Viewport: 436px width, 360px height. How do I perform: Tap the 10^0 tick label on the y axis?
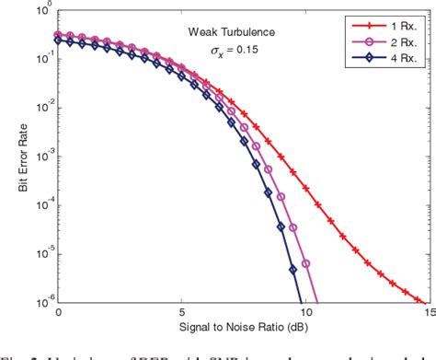(41, 11)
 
